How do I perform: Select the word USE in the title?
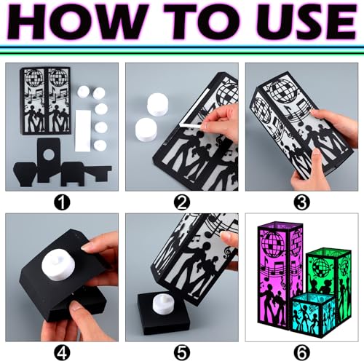click(308, 22)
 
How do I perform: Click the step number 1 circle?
click(62, 202)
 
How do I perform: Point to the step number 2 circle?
click(182, 202)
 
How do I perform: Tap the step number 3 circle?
click(302, 202)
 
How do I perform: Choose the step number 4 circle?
click(62, 352)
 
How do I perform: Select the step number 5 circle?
click(182, 352)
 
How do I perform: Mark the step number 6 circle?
click(302, 352)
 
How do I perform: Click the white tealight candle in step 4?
click(58, 266)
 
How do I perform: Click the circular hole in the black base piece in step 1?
click(49, 154)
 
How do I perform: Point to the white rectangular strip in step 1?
click(83, 130)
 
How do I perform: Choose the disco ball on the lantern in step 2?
click(228, 94)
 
